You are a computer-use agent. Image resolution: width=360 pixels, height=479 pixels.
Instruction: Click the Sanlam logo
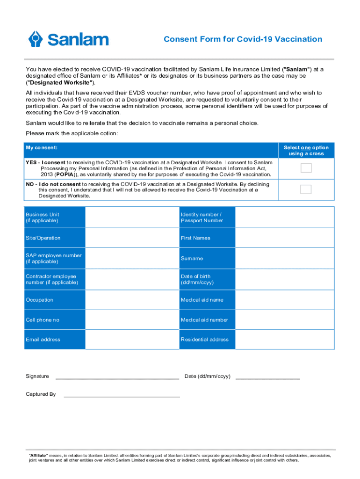(x=68, y=39)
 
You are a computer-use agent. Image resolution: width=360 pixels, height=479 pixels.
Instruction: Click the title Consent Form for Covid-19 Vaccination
(x=243, y=39)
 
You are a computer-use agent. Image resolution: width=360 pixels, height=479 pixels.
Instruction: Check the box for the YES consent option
(x=306, y=168)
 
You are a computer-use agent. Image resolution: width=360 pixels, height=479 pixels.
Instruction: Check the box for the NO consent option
(x=306, y=189)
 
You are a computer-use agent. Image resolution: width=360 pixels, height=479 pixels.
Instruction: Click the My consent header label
(x=42, y=148)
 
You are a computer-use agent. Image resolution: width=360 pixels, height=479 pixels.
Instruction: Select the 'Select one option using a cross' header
(x=306, y=151)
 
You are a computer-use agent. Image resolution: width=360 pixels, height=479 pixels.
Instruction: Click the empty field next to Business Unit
(x=132, y=218)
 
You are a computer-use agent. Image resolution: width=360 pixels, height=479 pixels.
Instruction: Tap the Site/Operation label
(x=43, y=238)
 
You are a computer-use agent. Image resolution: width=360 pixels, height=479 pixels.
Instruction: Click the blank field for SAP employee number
(x=132, y=258)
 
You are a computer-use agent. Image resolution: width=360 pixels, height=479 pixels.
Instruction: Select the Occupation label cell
(x=40, y=300)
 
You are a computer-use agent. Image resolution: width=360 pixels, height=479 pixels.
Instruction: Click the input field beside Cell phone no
(x=132, y=320)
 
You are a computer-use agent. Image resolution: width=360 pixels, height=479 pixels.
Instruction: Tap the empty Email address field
(x=132, y=340)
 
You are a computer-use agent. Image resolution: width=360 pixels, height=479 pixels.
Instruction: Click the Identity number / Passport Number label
(x=202, y=218)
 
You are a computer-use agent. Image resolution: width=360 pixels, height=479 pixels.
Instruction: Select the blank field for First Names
(x=284, y=238)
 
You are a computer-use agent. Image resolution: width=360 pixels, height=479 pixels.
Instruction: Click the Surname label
(x=192, y=258)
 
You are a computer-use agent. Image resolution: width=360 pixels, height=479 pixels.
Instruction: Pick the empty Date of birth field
(x=284, y=279)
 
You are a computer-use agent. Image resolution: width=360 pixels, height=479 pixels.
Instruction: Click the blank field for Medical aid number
(x=284, y=320)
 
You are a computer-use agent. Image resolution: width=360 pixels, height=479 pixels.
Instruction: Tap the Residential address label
(x=205, y=340)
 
